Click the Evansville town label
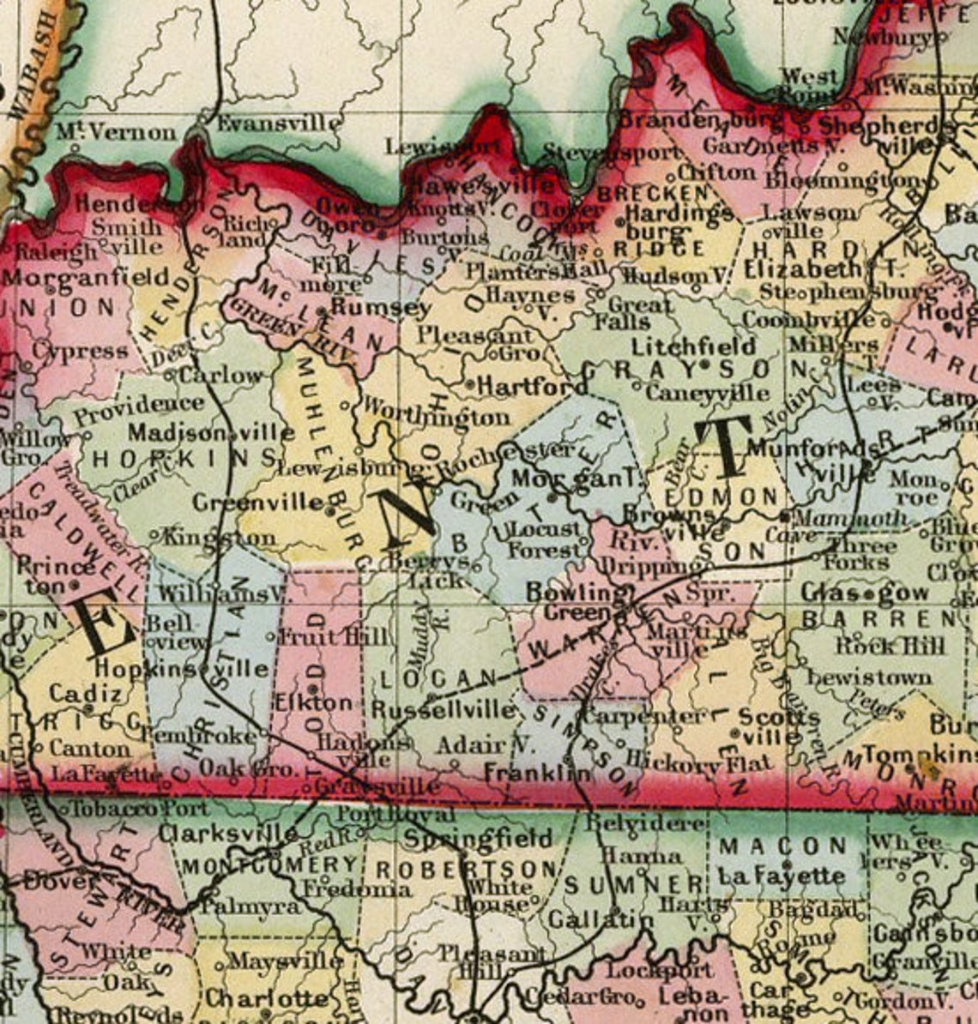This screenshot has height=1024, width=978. point(277,123)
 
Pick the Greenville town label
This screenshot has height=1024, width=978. point(258,502)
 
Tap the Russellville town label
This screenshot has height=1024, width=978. point(444,710)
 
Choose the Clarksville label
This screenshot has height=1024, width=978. point(228,833)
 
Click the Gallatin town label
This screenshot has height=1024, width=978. point(601,919)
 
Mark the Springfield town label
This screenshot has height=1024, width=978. point(479,837)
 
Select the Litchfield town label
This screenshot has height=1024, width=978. point(693,346)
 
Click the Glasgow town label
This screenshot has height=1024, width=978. point(865,593)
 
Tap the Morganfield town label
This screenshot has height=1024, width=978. point(86,277)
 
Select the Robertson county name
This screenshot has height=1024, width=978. point(467,868)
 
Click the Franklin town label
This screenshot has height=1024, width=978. point(537,772)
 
